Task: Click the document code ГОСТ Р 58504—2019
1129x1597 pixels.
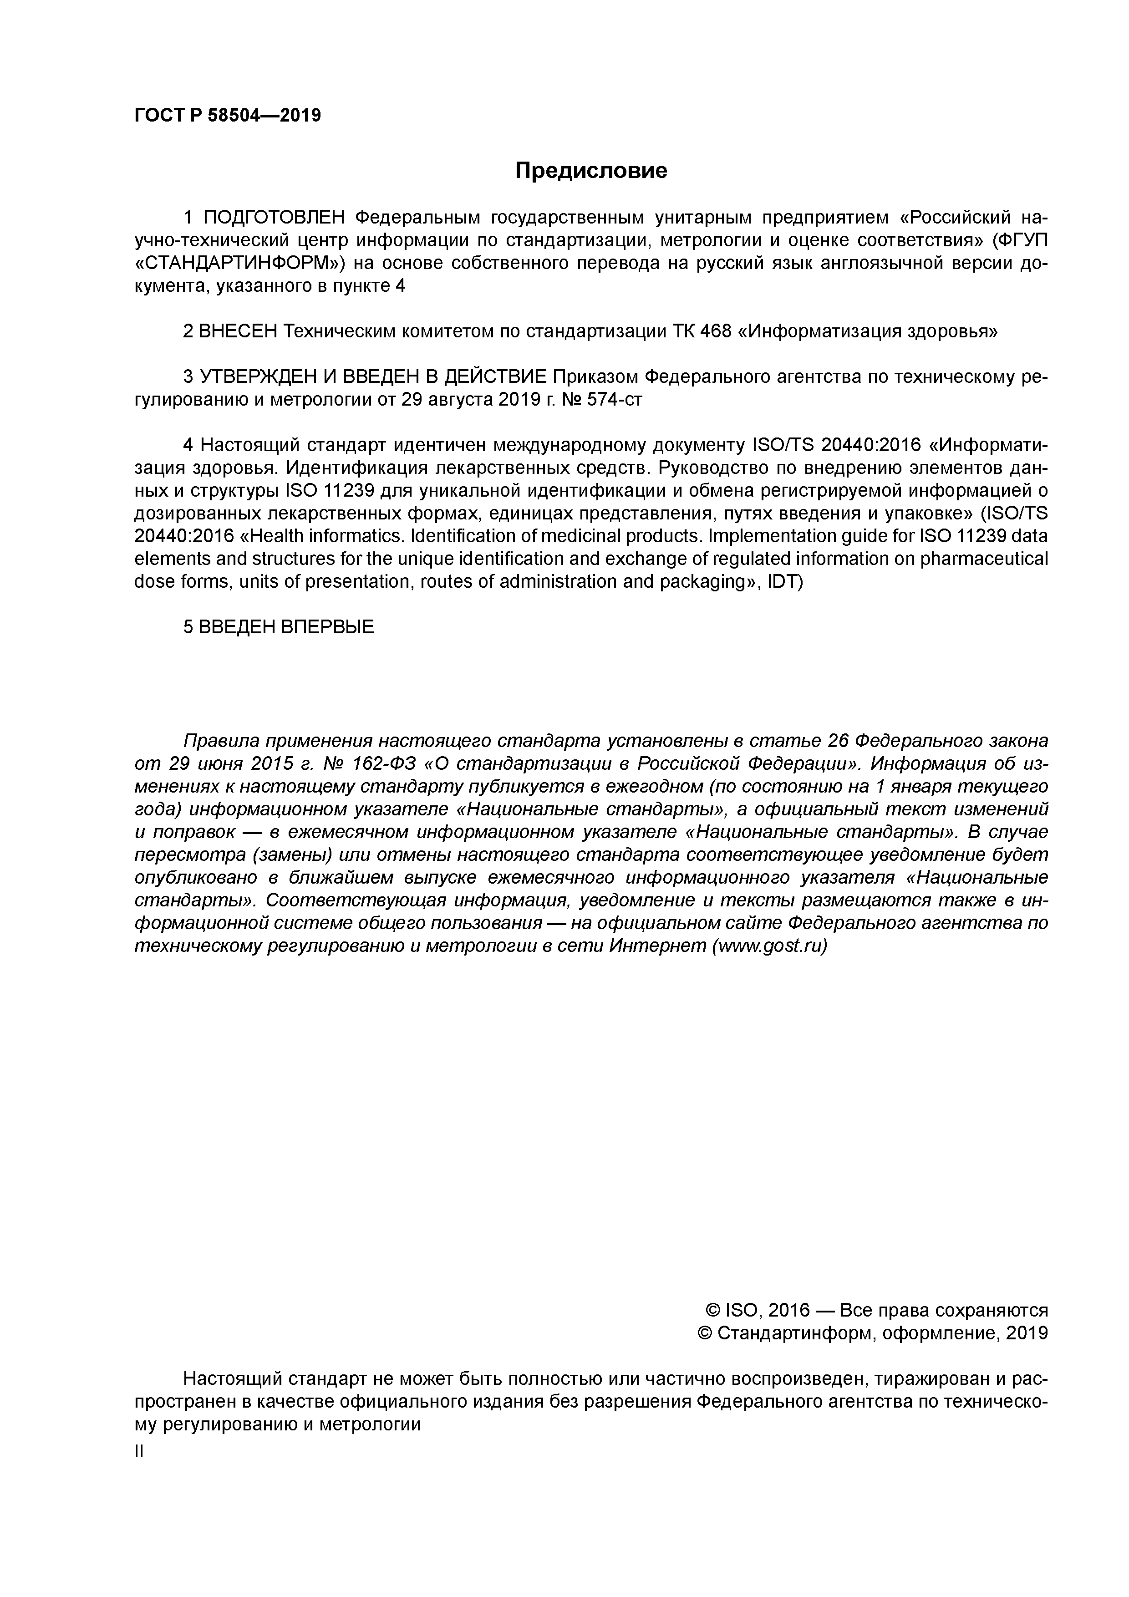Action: click(228, 116)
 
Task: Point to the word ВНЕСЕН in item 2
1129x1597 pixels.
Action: click(238, 332)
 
